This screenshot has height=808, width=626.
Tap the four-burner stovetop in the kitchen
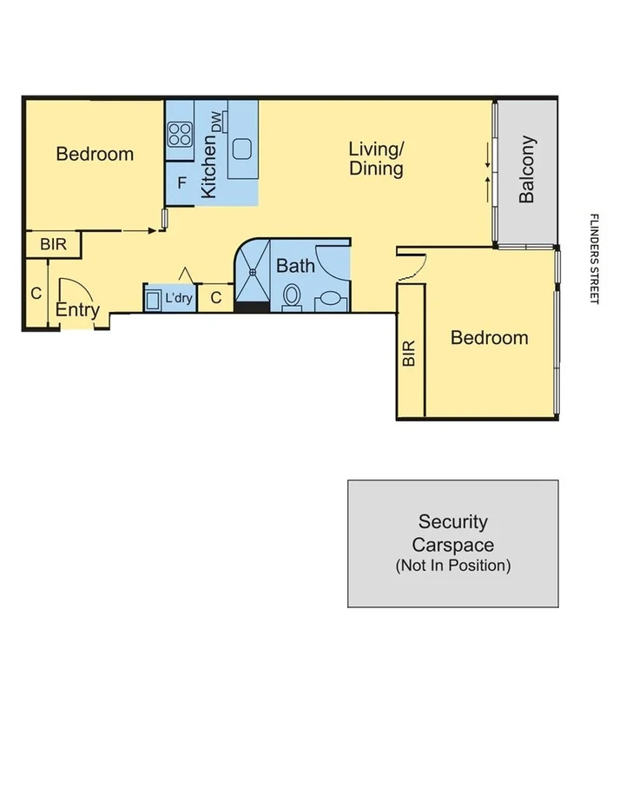pos(180,134)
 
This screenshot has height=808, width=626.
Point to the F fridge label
pos(181,183)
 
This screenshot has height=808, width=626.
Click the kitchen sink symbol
pos(241,147)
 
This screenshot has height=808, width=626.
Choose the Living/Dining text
pos(376,158)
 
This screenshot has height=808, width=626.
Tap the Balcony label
pos(527,169)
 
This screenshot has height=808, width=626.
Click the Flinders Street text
pos(595,258)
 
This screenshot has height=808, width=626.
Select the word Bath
pos(295,266)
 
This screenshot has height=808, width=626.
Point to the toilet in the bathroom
pos(292,295)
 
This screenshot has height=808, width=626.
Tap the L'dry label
pos(179,298)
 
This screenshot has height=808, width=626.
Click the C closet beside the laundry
pos(216,298)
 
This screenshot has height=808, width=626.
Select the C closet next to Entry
pos(36,294)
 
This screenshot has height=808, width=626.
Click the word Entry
pos(77,310)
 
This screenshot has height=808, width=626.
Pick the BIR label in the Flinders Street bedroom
pos(410,353)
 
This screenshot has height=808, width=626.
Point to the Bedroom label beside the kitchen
pos(95,154)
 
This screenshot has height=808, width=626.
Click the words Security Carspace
pos(452,533)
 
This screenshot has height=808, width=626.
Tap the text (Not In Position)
pos(452,566)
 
